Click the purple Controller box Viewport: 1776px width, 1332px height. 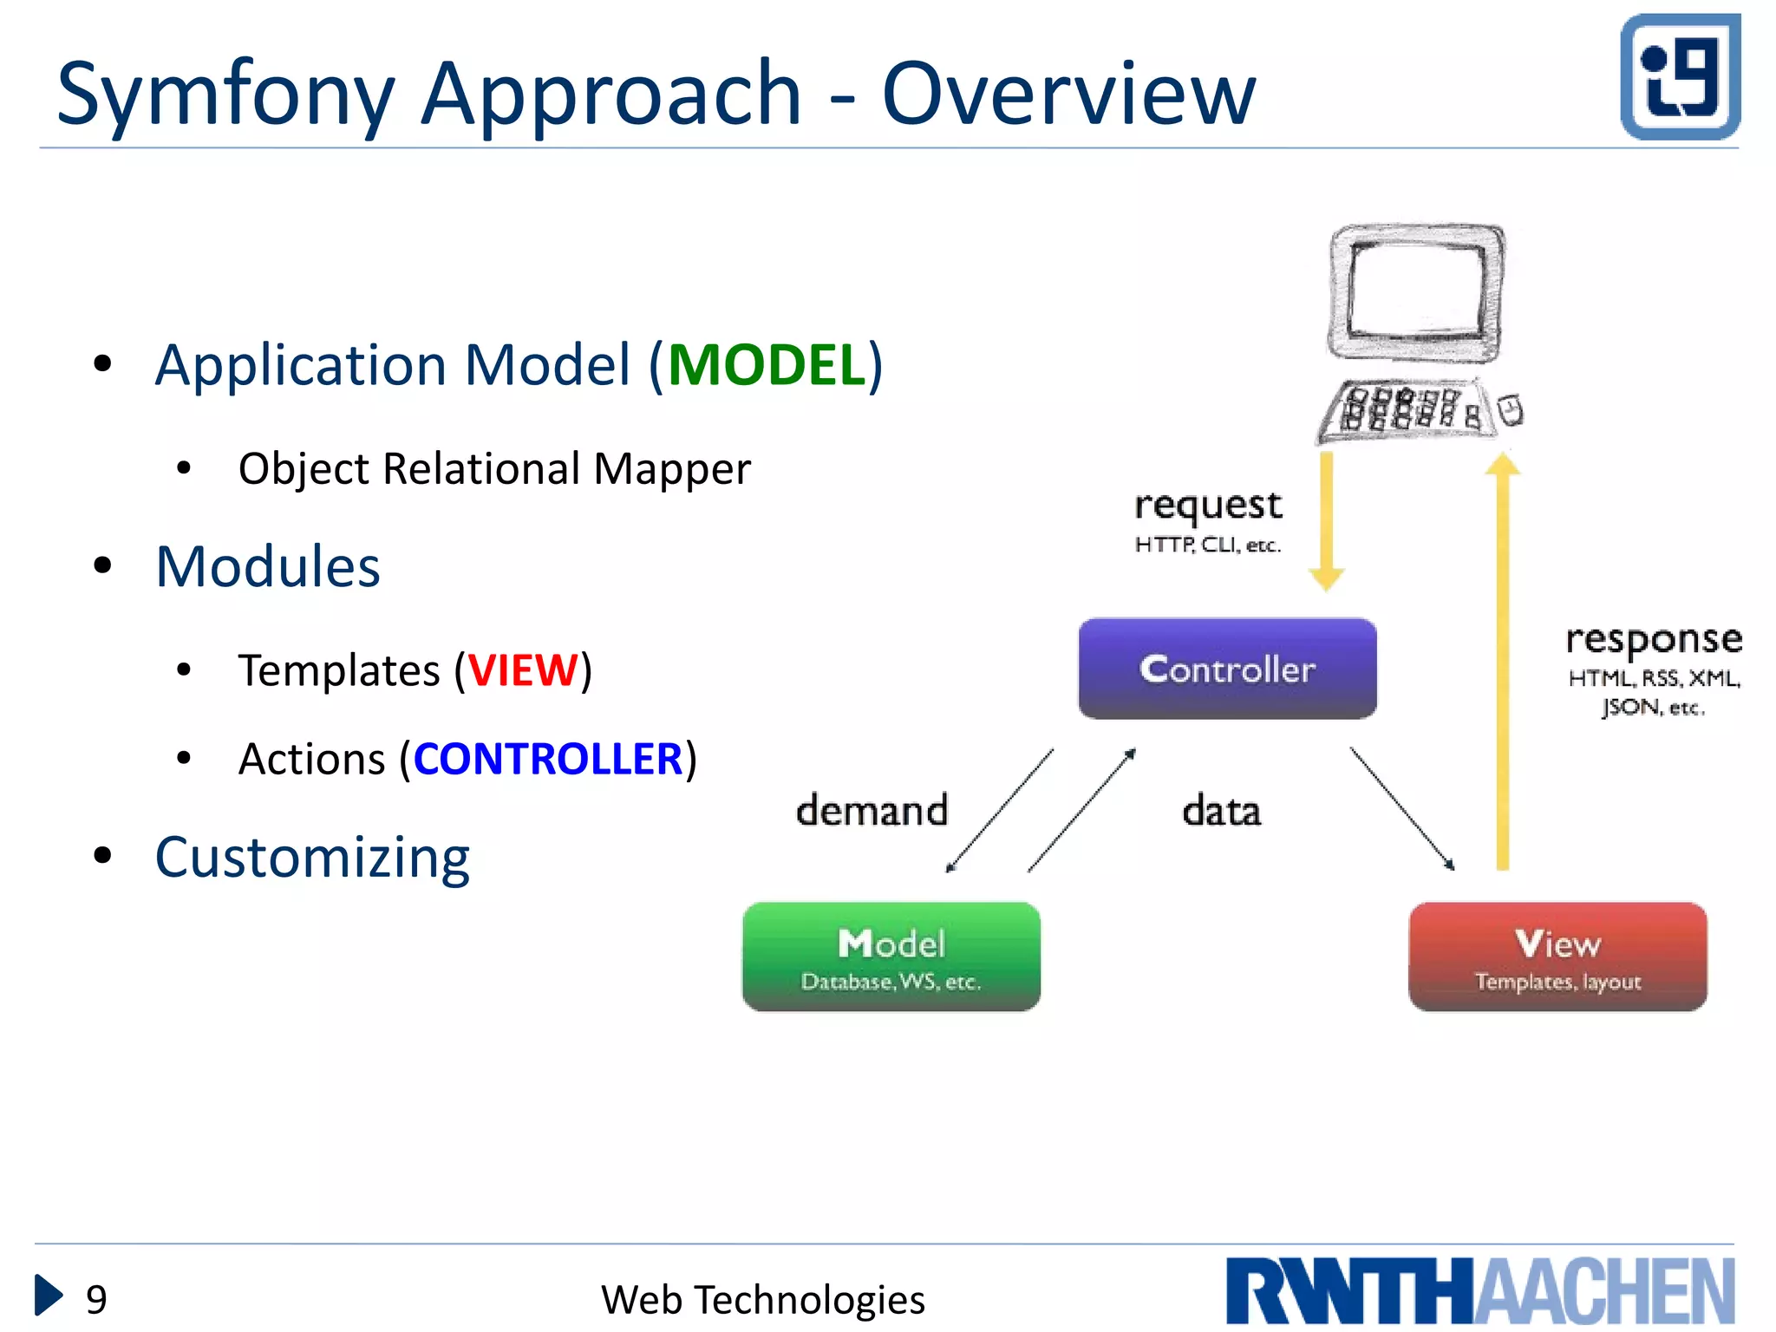[1227, 669]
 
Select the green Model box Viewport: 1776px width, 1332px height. [891, 957]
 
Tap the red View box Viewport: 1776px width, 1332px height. [1557, 957]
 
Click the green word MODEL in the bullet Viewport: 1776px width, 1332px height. [767, 365]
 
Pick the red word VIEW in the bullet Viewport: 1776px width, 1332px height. [523, 670]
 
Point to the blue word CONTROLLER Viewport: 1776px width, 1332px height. [548, 759]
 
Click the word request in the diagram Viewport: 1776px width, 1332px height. [1208, 506]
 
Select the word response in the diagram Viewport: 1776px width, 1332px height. [1654, 640]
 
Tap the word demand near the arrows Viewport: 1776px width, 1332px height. [872, 810]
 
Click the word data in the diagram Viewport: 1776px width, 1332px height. [1221, 811]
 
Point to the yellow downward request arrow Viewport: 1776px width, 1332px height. [1326, 520]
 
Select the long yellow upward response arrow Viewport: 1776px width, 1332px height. [1503, 659]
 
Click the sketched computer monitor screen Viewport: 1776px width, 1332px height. [1417, 291]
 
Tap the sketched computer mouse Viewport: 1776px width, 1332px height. [1511, 410]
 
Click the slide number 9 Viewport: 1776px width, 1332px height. [96, 1299]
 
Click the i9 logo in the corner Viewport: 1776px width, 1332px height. [1680, 77]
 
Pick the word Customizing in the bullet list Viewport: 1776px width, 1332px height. [312, 858]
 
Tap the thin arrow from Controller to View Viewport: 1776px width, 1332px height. [1401, 808]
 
